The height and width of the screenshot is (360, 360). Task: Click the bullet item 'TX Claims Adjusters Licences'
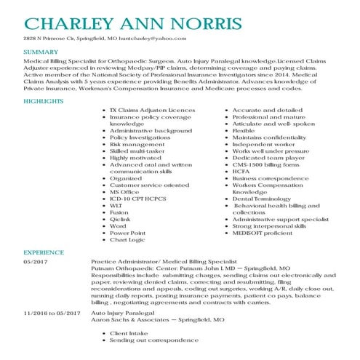pos(152,110)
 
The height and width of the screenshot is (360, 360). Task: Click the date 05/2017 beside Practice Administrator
pos(36,260)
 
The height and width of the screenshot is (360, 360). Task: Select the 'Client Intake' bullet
pos(129,333)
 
